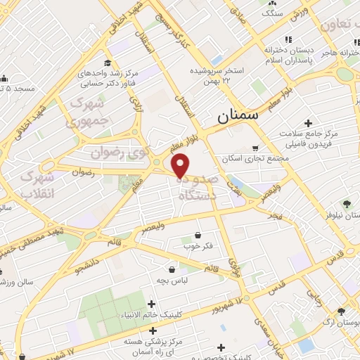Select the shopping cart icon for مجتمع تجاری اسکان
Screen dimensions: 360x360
click(x=255, y=148)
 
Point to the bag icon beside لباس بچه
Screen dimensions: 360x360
click(x=172, y=269)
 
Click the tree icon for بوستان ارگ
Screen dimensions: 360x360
click(x=341, y=311)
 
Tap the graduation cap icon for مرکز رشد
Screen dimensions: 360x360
click(x=107, y=63)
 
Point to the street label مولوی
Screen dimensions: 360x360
click(x=233, y=264)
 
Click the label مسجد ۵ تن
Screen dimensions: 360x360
click(x=18, y=89)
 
